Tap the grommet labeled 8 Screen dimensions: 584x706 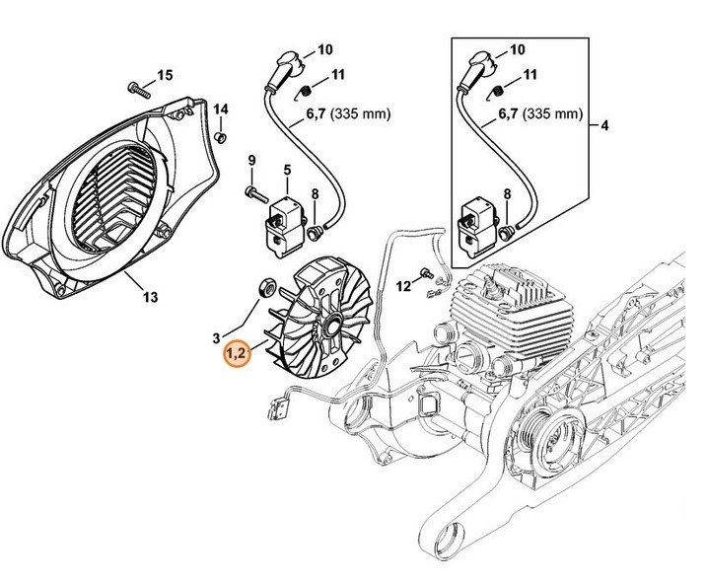[x=316, y=235]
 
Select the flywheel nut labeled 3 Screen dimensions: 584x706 [x=265, y=287]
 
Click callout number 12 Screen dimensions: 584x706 [x=402, y=286]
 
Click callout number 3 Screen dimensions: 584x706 [x=216, y=337]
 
